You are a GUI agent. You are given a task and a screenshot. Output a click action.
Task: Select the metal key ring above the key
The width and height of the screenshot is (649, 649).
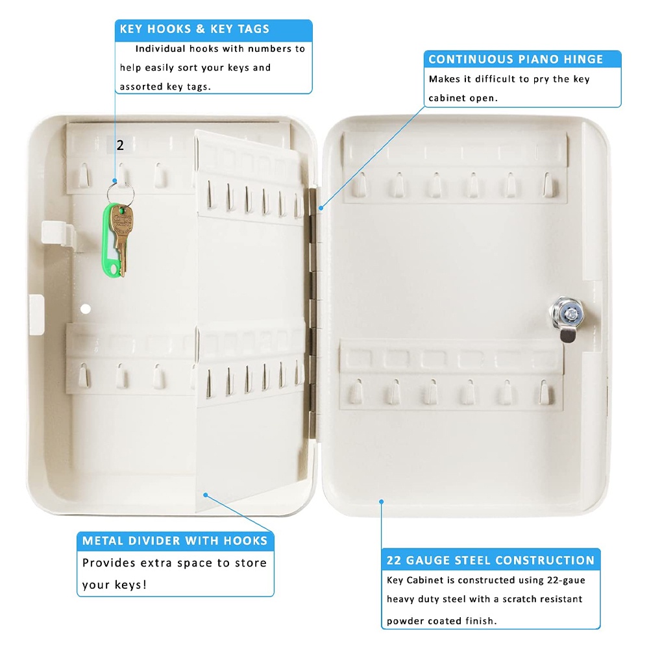[x=120, y=193]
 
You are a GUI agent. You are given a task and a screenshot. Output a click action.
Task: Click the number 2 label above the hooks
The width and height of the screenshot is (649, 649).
[x=120, y=145]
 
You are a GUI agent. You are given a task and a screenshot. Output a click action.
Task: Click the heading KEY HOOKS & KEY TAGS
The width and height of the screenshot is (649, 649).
[x=195, y=29]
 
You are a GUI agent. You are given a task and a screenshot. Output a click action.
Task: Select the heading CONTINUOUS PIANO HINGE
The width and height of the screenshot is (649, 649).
[x=516, y=59]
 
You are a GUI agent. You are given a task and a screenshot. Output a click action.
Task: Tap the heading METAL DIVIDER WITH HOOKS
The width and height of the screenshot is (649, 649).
[x=175, y=541]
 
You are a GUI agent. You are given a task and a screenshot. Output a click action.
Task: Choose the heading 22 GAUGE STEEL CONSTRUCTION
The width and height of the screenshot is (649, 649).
[x=491, y=560]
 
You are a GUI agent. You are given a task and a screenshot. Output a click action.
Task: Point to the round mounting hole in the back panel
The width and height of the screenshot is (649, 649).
[x=86, y=309]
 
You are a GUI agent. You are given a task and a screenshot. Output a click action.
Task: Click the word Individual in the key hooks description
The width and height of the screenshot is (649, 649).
[x=160, y=49]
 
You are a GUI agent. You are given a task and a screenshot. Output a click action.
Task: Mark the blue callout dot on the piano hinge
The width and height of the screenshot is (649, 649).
[x=321, y=208]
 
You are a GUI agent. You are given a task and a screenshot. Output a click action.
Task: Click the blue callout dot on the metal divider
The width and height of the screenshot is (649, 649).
[x=205, y=495]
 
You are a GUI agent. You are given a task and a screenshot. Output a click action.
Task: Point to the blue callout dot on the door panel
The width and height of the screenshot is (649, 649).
[x=381, y=502]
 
